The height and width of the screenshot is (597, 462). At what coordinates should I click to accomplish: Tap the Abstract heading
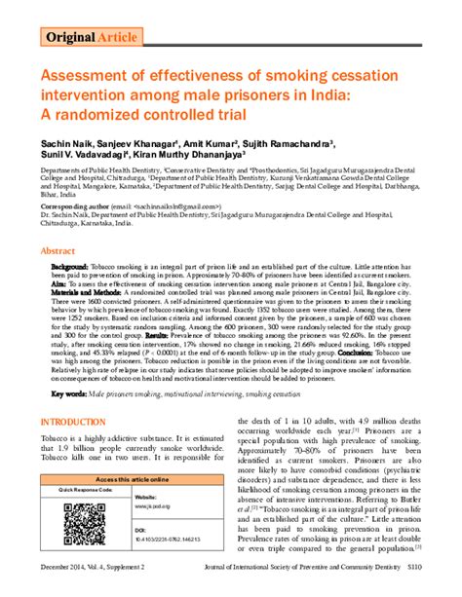[x=59, y=250]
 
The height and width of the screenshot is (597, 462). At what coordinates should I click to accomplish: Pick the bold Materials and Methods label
[x=91, y=293]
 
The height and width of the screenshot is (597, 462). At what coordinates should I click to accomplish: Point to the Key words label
[x=69, y=393]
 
